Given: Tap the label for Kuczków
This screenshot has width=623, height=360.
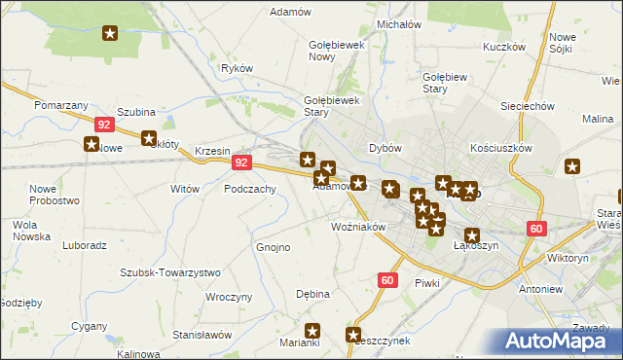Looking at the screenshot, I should [504, 47].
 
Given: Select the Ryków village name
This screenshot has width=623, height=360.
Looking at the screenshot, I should [237, 68].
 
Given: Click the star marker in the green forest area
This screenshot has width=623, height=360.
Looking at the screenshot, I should [110, 34].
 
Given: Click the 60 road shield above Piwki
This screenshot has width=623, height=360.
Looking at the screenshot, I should [387, 280].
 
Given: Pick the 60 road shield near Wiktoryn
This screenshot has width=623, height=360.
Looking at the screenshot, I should [536, 228].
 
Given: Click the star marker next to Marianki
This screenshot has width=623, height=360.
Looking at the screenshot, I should [312, 330].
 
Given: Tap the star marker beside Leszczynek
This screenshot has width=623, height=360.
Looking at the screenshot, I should [353, 335].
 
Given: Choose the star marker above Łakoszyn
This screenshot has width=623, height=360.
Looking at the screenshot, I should [472, 234].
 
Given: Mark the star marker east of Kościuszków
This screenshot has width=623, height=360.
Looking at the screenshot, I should [572, 165].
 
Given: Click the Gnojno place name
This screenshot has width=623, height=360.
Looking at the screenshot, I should [274, 247].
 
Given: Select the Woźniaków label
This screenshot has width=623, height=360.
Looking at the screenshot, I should [359, 227].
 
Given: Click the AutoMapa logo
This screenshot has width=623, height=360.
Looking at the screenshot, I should [559, 342].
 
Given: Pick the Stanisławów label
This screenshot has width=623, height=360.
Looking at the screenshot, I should [202, 334].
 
